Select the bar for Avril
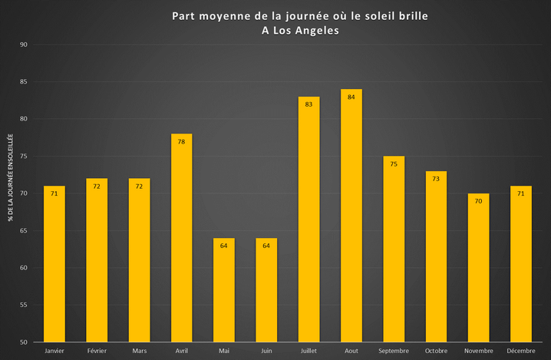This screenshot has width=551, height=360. pos(181,238)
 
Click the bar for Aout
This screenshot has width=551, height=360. pos(351,216)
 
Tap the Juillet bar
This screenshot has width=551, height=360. pos(308,220)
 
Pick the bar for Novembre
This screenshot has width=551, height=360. pos(478,268)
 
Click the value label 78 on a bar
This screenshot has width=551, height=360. pos(181,141)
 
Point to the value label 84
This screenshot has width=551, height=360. pos(351,97)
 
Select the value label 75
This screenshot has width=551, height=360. pos(394,163)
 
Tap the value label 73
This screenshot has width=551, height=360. pos(436,178)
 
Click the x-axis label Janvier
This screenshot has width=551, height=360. pos(54,351)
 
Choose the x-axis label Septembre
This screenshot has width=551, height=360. pos(394,351)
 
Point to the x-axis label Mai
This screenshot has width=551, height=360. pos(223,351)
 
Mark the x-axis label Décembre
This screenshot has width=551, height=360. pos(521,351)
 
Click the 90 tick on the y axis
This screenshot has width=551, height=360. pos(23,45)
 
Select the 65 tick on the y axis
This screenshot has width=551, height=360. pos(23,230)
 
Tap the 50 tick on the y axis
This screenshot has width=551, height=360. pos(23,342)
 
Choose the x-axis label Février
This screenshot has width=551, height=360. pos(97,351)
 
